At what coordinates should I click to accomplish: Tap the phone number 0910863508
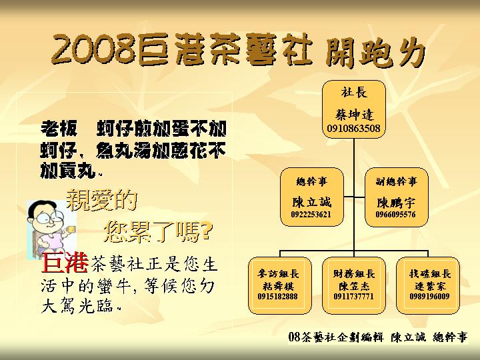(x=354, y=127)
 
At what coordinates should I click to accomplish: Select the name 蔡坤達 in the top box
(x=354, y=114)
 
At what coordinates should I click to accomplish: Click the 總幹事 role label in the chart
(x=311, y=181)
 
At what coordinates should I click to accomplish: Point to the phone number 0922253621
(x=311, y=215)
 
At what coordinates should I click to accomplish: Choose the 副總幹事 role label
(x=396, y=181)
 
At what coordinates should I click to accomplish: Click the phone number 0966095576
(x=395, y=215)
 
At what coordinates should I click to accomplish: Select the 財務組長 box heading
(x=354, y=273)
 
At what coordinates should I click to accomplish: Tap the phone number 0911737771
(x=354, y=296)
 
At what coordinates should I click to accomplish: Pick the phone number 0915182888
(x=278, y=296)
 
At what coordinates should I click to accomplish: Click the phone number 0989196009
(x=430, y=296)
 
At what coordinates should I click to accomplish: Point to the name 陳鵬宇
(x=396, y=201)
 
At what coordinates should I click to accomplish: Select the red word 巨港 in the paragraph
(x=65, y=263)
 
